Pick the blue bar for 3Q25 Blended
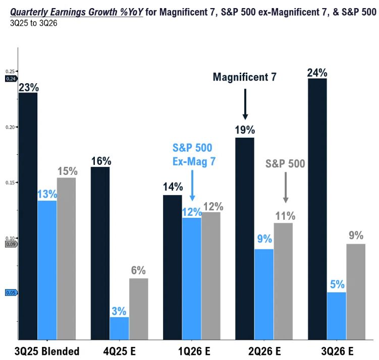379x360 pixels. pos(47,270)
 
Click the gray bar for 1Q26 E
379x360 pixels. pos(211,275)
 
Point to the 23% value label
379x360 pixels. pos(28,87)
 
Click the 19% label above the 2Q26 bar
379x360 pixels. pos(245,130)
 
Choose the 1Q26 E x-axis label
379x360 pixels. pos(192,351)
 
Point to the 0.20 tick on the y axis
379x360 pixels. pos(10,128)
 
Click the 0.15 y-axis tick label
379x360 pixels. pos(10,183)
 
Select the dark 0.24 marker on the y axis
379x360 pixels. pos(10,79)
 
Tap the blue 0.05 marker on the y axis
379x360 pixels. pos(10,292)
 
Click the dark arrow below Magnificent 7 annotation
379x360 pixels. pos(244,103)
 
